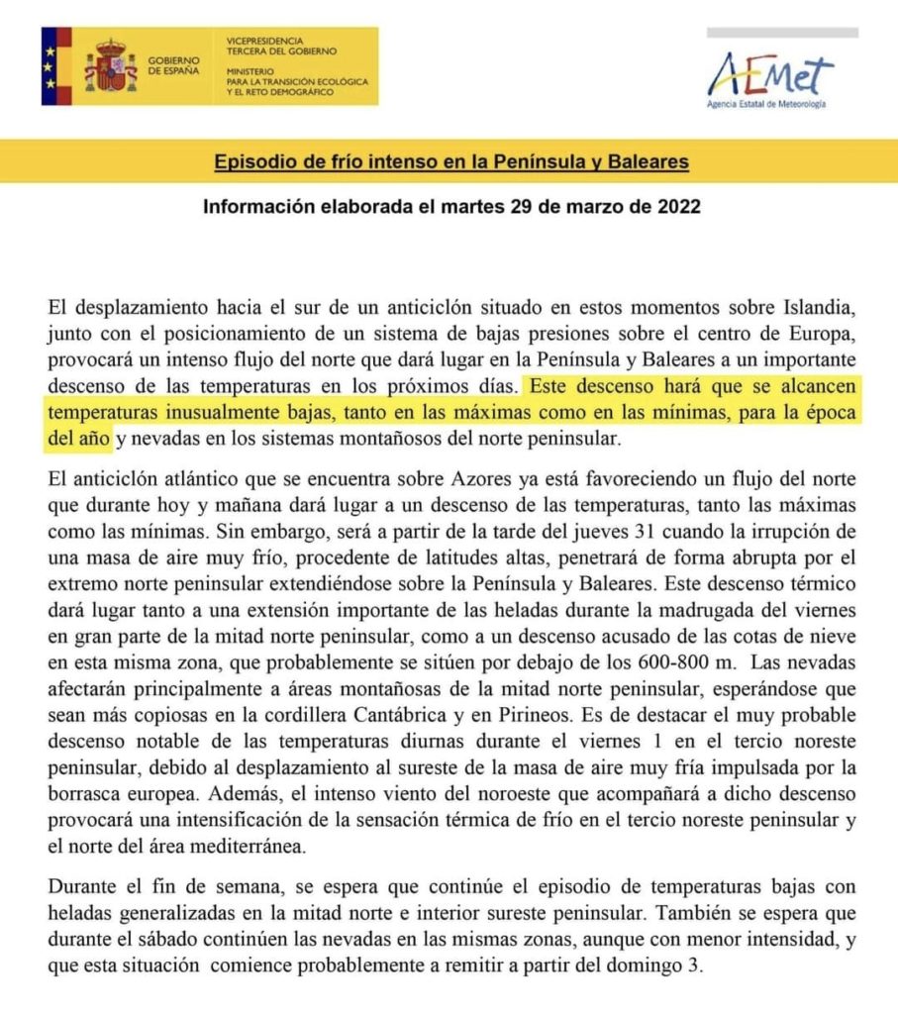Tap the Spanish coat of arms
(110, 67)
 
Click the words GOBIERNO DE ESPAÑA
(173, 66)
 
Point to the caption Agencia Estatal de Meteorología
(765, 104)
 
